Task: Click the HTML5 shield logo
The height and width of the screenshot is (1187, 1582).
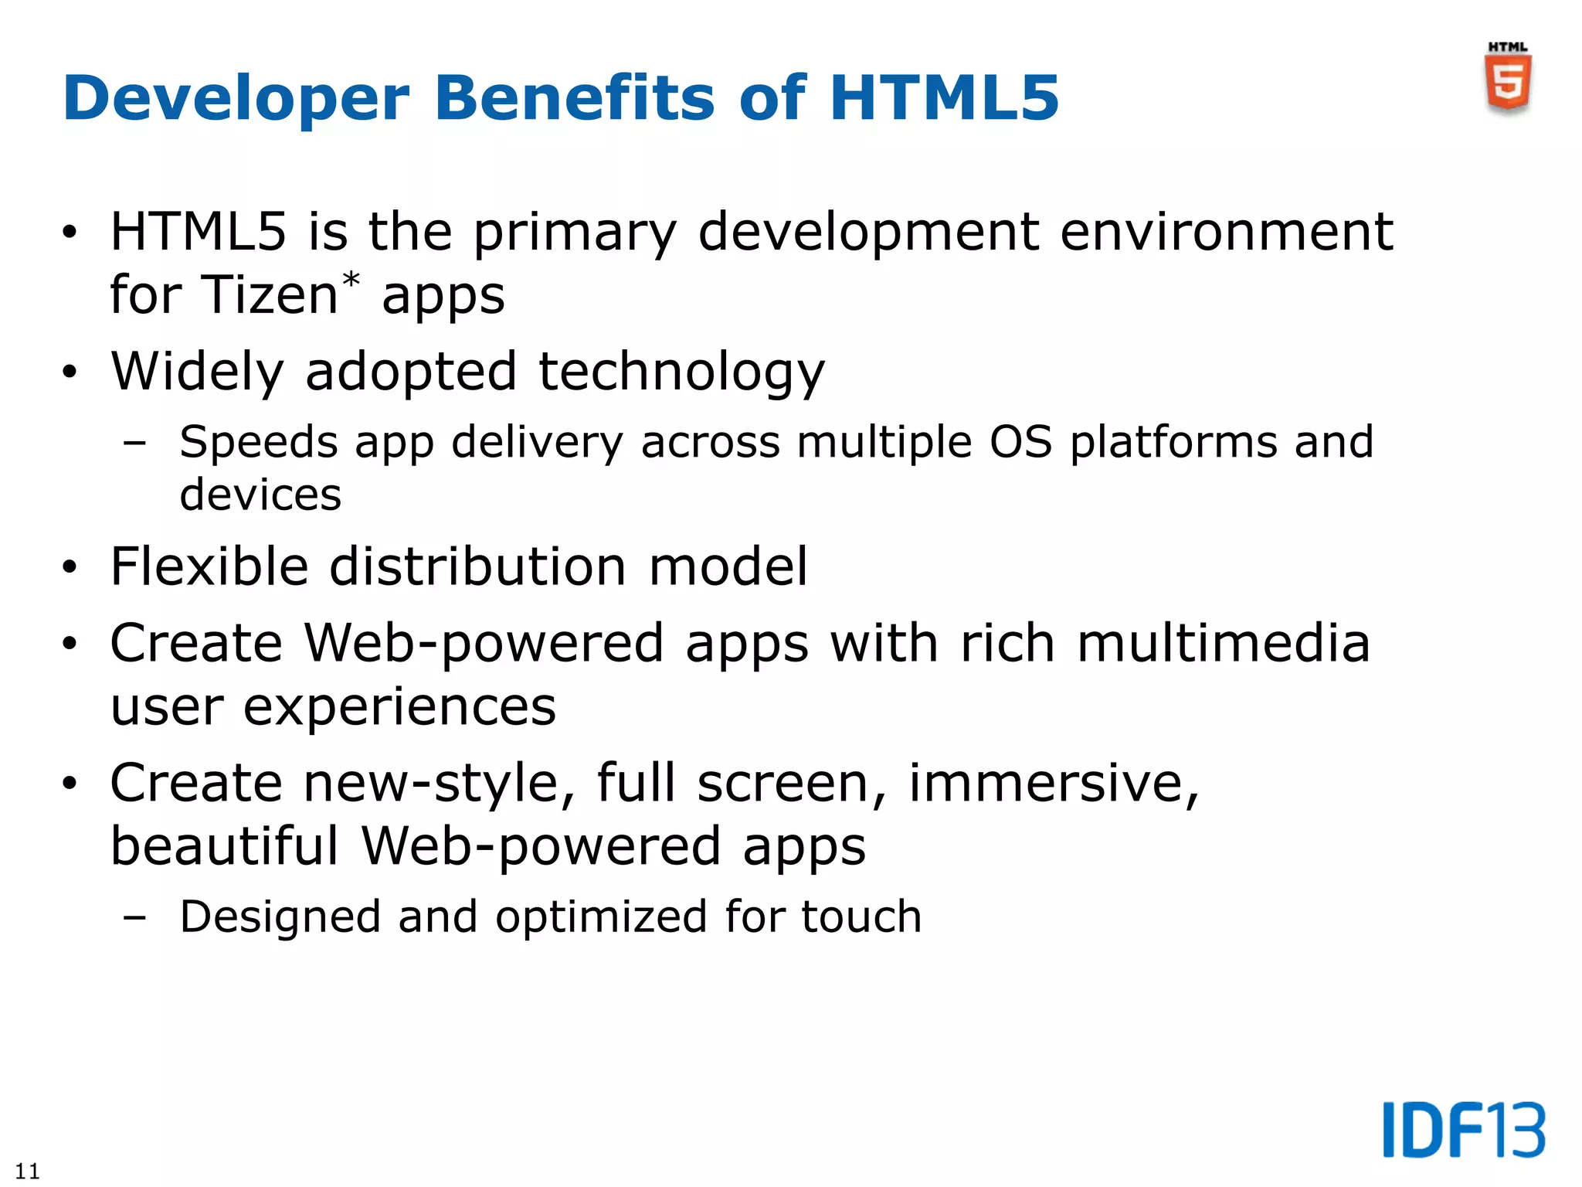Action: (x=1508, y=81)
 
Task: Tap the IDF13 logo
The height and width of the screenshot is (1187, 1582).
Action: (x=1464, y=1130)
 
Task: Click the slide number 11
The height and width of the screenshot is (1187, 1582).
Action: (x=27, y=1171)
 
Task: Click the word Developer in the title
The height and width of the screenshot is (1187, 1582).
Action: (x=236, y=99)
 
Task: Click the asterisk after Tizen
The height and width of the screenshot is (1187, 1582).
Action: (x=351, y=281)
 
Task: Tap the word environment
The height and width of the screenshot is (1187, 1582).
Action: (x=1226, y=232)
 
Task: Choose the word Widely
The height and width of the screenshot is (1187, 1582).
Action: (x=198, y=372)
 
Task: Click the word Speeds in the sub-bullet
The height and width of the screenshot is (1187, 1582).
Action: (x=259, y=444)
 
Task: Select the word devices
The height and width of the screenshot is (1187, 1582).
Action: (x=260, y=495)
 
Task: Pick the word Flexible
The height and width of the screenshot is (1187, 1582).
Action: (x=209, y=566)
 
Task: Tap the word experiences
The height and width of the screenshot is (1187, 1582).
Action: (x=399, y=707)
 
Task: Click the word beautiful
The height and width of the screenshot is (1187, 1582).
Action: (x=224, y=846)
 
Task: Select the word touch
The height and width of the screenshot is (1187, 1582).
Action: (x=861, y=917)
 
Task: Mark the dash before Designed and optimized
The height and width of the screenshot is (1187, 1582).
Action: (x=134, y=918)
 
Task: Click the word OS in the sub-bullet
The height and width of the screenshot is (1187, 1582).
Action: (x=1021, y=443)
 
